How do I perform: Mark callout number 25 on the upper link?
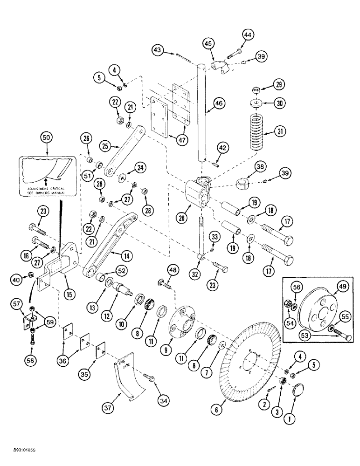[x=106, y=146]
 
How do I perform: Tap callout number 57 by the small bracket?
[x=18, y=304]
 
